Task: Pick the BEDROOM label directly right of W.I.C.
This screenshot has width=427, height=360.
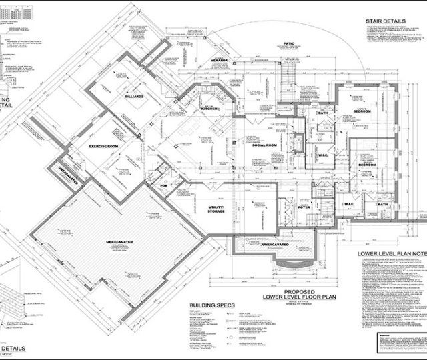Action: [368, 163]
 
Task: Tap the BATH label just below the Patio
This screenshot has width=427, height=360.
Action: [323, 113]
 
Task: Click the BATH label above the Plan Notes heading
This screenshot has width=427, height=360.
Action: [382, 204]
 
